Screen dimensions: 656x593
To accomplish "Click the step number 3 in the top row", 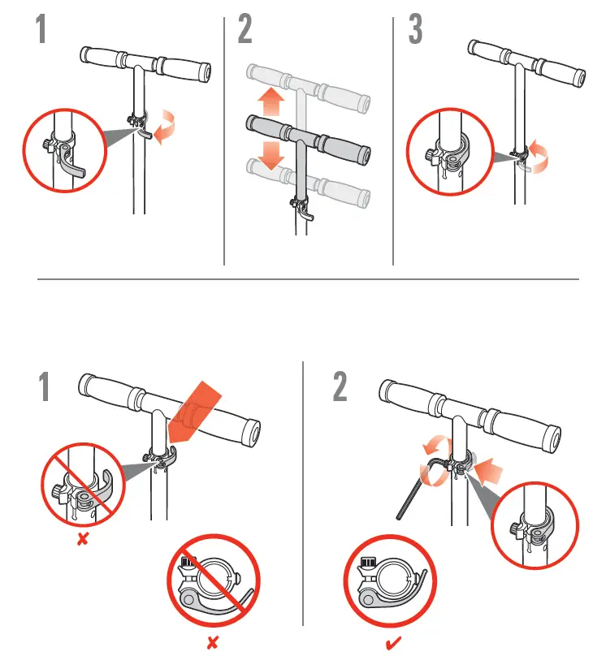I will click(x=415, y=29).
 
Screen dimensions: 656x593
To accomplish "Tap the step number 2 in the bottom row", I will click(x=341, y=386).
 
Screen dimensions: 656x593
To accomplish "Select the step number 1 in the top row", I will click(x=39, y=29).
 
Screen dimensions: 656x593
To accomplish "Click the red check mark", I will click(x=392, y=643).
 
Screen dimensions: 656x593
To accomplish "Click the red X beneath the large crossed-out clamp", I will click(x=212, y=643).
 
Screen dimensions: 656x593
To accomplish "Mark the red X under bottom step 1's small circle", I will click(x=82, y=540).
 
